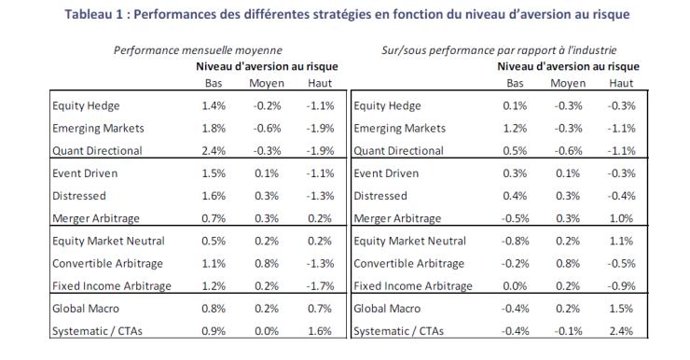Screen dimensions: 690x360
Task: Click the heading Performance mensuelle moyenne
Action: tap(198, 50)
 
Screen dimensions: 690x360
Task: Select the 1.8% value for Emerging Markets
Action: tap(214, 129)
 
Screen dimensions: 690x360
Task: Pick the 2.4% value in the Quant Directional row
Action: tap(214, 151)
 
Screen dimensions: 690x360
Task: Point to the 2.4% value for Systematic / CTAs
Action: tap(621, 331)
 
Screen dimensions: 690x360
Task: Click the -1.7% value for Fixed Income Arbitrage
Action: tap(320, 286)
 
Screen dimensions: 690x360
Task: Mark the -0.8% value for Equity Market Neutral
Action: tap(515, 242)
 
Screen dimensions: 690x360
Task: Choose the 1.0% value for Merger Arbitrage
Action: tap(621, 218)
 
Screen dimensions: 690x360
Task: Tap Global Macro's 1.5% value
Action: tap(621, 309)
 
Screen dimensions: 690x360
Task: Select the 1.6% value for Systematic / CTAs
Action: tap(320, 331)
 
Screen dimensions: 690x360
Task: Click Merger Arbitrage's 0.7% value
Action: tap(214, 218)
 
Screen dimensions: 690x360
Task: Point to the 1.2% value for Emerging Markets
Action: tap(515, 129)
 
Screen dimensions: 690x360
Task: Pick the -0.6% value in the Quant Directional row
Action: tap(568, 151)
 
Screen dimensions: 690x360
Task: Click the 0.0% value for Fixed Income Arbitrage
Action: tap(515, 286)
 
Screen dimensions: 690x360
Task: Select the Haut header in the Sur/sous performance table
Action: tap(621, 83)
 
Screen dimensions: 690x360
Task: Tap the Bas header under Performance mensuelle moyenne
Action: tap(214, 83)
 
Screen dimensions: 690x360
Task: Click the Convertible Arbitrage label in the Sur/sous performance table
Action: tap(408, 264)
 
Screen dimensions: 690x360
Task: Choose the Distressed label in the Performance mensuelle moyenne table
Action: tap(79, 196)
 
